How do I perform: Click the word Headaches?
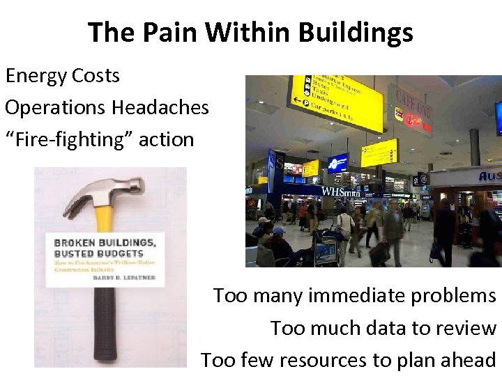click(x=157, y=107)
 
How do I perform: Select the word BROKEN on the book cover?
click(x=77, y=242)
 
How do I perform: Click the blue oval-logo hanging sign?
click(x=338, y=163)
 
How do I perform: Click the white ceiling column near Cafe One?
click(x=475, y=139)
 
